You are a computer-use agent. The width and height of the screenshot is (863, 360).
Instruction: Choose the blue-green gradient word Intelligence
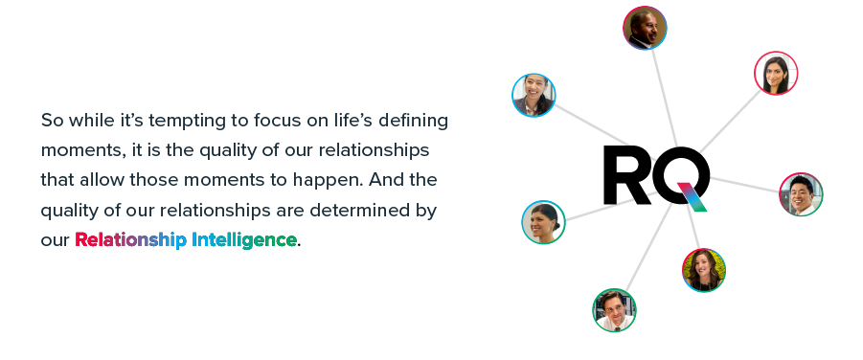[244, 240]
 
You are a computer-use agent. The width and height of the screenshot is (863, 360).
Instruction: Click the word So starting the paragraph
[53, 121]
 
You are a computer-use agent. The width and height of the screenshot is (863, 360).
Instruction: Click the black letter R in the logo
[626, 175]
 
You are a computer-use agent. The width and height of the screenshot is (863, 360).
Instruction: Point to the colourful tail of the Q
[693, 196]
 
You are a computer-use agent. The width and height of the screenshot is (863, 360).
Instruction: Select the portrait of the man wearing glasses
[614, 310]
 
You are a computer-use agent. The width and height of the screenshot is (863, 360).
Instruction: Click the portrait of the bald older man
[645, 28]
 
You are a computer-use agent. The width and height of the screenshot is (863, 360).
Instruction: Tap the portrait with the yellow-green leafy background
[704, 270]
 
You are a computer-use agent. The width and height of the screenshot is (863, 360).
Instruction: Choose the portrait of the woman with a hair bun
[543, 222]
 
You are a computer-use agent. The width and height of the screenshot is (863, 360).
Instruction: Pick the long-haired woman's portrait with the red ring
[776, 73]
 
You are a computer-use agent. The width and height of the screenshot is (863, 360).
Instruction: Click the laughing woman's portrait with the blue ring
[534, 95]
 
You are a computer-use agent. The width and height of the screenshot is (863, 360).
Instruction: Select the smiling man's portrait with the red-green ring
[802, 194]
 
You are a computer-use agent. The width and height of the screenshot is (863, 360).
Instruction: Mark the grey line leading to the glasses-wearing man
[648, 247]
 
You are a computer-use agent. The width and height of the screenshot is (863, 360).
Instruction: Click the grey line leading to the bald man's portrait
[665, 98]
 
